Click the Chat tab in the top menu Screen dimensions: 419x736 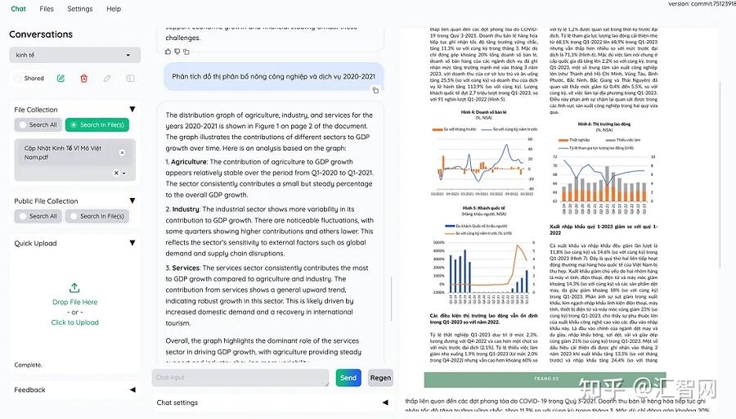(18, 9)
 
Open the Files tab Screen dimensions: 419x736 (47, 9)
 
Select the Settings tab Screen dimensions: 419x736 (80, 9)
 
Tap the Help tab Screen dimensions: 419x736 (114, 9)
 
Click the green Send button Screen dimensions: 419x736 (348, 377)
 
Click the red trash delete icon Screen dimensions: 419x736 (83, 79)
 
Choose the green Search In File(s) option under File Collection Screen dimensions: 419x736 (96, 125)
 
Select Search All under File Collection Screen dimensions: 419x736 (38, 125)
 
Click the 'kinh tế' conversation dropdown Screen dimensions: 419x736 (74, 56)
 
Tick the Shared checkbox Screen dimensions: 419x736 (19, 79)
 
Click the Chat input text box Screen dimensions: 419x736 (240, 377)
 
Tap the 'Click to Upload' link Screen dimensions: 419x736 (74, 322)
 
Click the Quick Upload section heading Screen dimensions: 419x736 (36, 243)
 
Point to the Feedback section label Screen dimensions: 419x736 (30, 390)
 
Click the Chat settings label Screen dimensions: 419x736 (177, 403)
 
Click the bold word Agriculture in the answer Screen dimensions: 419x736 (189, 162)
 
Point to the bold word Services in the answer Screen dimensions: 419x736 (186, 268)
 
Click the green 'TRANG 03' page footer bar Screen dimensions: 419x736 (545, 379)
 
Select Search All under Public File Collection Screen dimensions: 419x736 (38, 216)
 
